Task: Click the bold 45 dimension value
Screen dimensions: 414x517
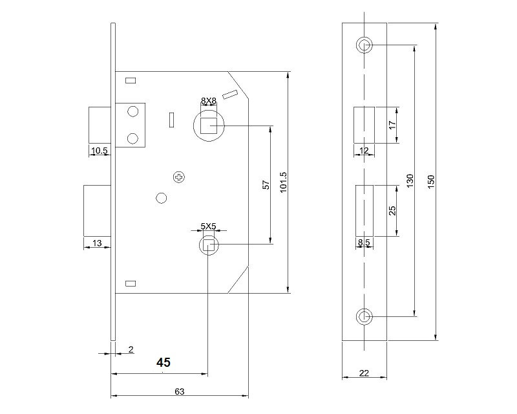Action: click(x=164, y=363)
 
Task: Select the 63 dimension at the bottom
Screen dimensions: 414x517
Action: click(x=180, y=391)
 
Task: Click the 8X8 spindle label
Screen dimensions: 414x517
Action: click(x=208, y=101)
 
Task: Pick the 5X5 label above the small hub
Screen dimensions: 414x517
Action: click(x=207, y=226)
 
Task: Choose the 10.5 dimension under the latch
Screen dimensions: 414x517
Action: click(x=99, y=151)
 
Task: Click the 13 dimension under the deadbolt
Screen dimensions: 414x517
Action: click(x=97, y=243)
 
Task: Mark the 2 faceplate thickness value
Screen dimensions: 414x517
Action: click(x=131, y=349)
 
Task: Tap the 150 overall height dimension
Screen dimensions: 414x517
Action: click(x=431, y=182)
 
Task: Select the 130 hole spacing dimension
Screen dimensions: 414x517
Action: click(x=409, y=180)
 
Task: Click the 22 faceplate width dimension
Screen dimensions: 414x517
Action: click(x=364, y=373)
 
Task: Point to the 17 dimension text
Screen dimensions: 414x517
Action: click(x=392, y=125)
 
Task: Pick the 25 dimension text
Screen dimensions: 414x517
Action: click(x=392, y=210)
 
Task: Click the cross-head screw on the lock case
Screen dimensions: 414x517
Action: click(x=179, y=177)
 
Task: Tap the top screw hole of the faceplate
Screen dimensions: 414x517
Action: click(x=364, y=45)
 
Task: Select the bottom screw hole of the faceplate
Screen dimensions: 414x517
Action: click(x=364, y=316)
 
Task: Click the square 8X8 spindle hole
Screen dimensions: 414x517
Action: click(x=208, y=125)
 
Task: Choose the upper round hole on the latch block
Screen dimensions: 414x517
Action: click(x=133, y=112)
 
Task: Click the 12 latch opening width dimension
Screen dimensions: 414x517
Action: click(x=363, y=151)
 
